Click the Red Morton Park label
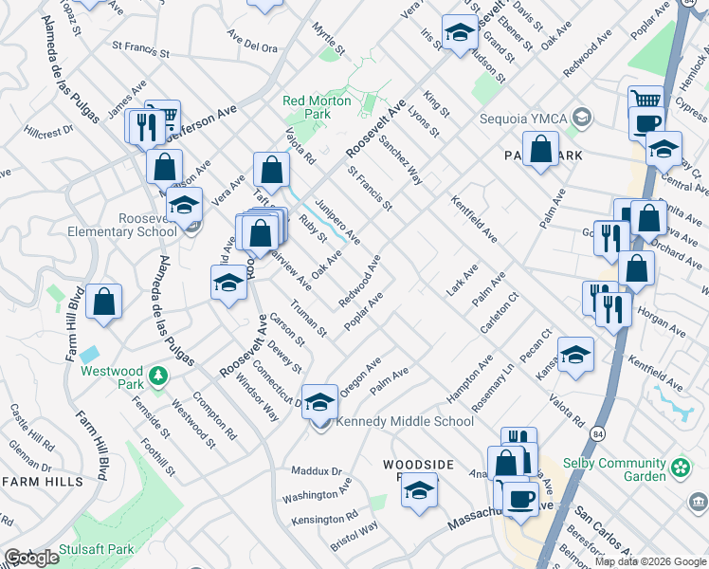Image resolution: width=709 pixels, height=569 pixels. (x=317, y=107)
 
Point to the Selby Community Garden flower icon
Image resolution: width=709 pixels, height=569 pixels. (x=680, y=468)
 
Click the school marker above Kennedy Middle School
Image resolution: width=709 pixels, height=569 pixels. (x=319, y=400)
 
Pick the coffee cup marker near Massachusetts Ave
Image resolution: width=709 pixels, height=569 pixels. (x=519, y=497)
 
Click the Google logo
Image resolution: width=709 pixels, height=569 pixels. (x=31, y=558)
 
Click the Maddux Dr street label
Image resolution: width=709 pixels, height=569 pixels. (x=317, y=471)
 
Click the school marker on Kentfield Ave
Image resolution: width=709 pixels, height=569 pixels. (x=575, y=353)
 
